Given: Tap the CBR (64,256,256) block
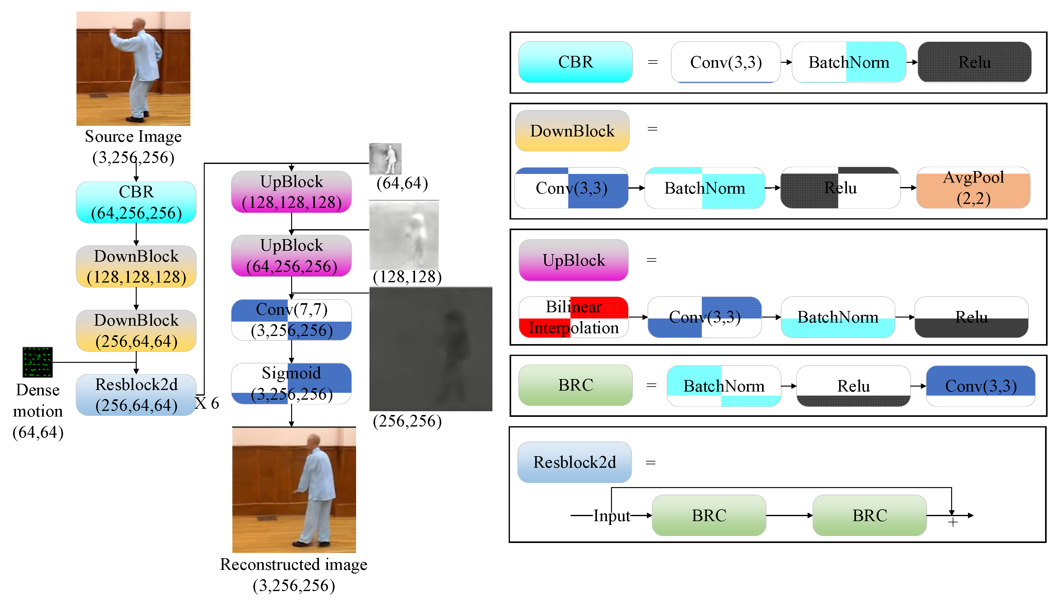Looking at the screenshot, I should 136,202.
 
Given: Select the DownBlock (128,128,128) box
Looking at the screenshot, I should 136,266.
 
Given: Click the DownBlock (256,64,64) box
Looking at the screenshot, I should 136,330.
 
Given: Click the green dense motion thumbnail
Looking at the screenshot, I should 37,362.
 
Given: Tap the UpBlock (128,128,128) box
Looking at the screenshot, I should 291,192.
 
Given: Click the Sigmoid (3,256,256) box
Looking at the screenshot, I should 291,383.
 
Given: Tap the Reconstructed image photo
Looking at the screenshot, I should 294,490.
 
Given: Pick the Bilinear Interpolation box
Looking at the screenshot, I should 574,317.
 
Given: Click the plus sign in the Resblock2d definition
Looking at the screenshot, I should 952,522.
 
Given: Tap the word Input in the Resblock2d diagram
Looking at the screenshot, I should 612,516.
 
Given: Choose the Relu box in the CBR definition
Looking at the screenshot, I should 974,62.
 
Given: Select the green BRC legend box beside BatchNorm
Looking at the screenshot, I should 575,385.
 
